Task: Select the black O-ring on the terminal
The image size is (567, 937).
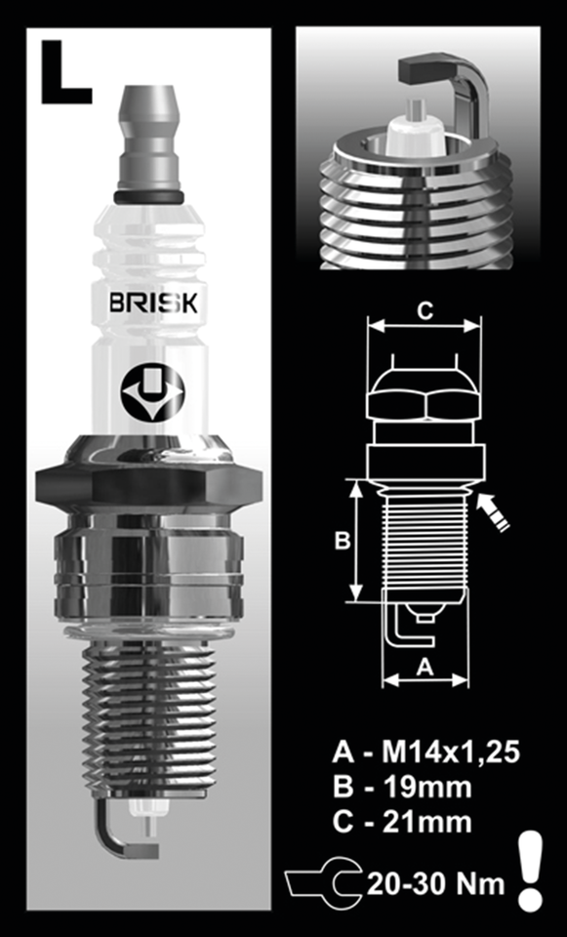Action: (x=148, y=197)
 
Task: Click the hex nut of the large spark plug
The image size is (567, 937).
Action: (x=148, y=483)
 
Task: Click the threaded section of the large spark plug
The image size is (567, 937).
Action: (x=148, y=713)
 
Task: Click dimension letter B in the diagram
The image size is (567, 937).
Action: (x=342, y=541)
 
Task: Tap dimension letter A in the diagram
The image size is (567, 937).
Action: (x=425, y=667)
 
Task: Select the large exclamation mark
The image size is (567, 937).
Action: (x=530, y=871)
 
